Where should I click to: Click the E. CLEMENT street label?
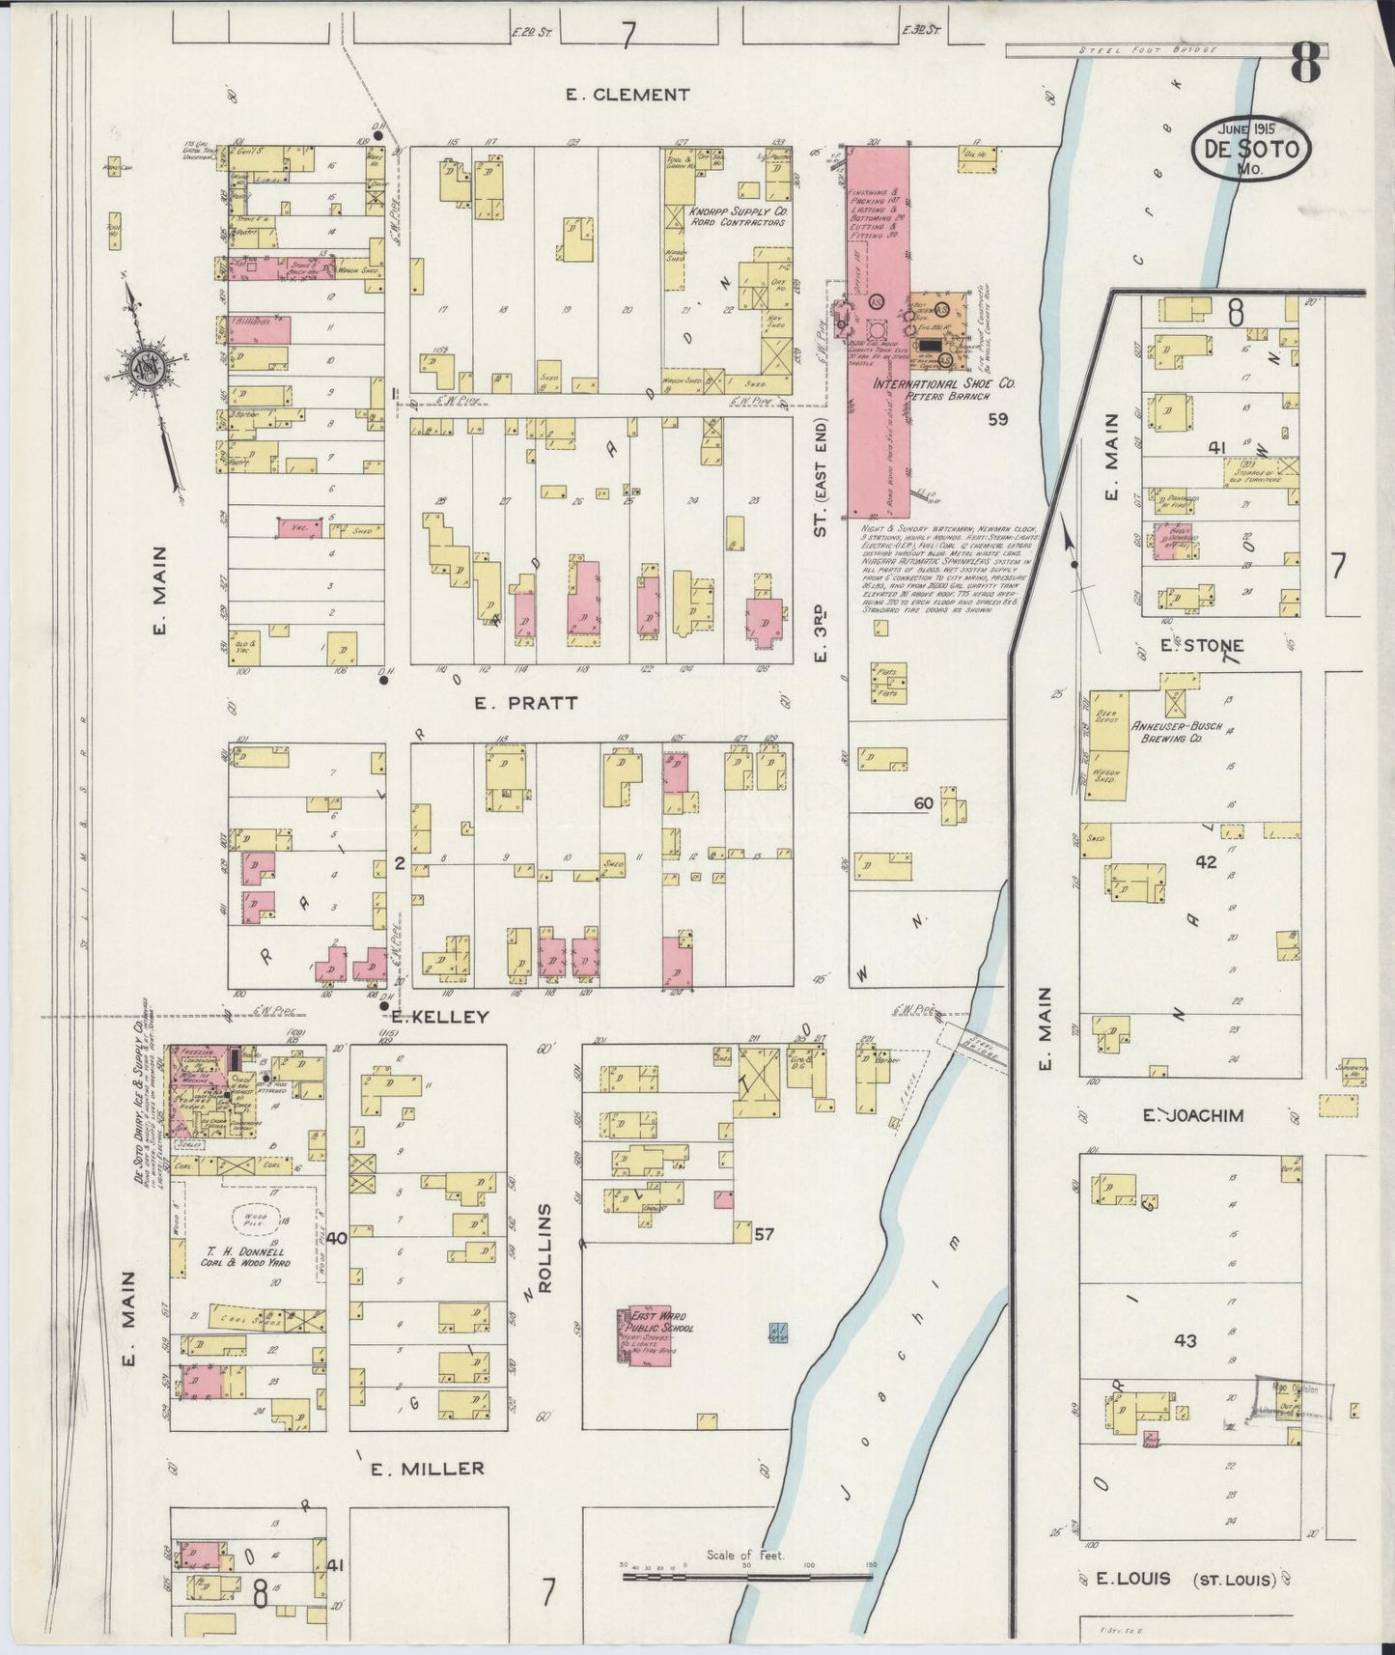click(628, 95)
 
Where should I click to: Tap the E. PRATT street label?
click(526, 703)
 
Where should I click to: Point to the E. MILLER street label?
click(427, 1469)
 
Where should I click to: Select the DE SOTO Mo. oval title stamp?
click(1253, 148)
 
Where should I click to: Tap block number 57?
click(765, 1234)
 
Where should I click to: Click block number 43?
click(1185, 1340)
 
